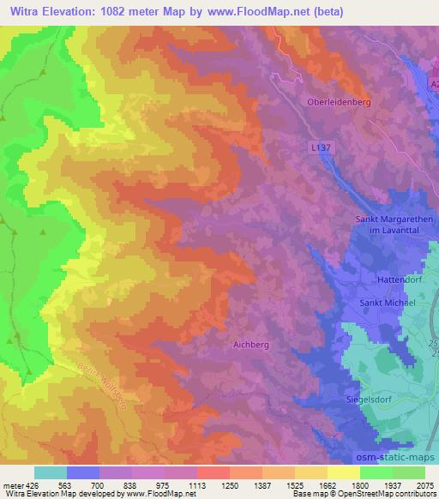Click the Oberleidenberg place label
coord(338,101)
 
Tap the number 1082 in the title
coord(120,11)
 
